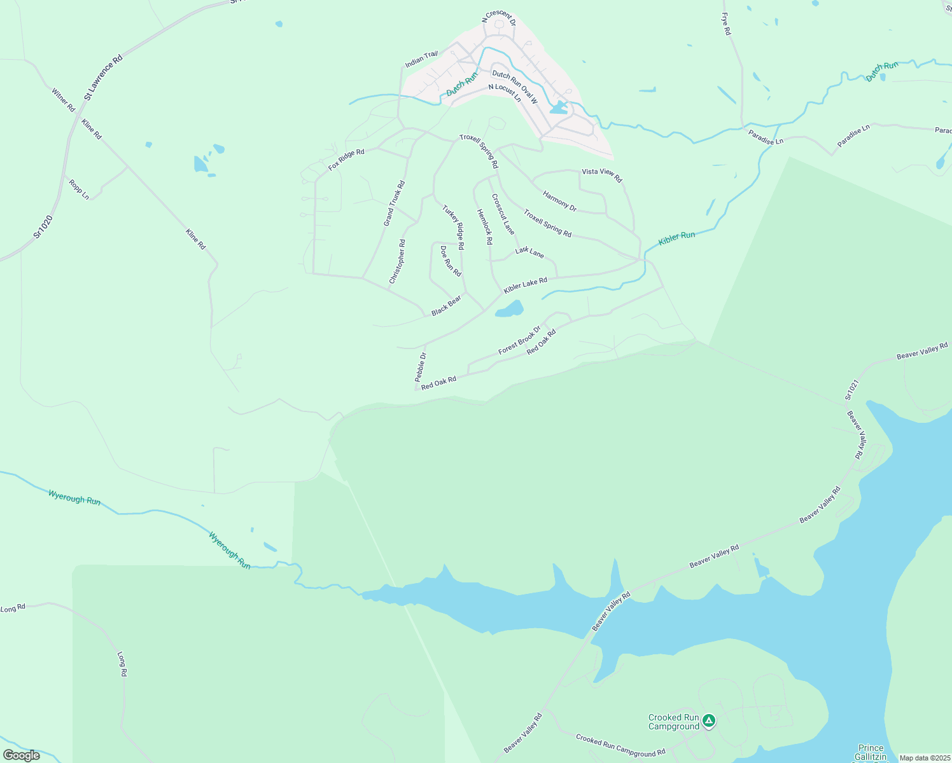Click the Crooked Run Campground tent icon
pyautogui.click(x=709, y=721)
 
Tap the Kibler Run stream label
pyautogui.click(x=676, y=238)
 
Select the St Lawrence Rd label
pyautogui.click(x=103, y=78)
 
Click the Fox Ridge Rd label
pyautogui.click(x=346, y=160)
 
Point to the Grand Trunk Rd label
pyautogui.click(x=394, y=203)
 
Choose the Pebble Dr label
pyautogui.click(x=421, y=367)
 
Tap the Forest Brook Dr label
pyautogui.click(x=519, y=340)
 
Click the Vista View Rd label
pyautogui.click(x=601, y=175)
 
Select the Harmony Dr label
pyautogui.click(x=559, y=201)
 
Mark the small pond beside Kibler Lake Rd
pyautogui.click(x=510, y=310)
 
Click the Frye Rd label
pyautogui.click(x=726, y=24)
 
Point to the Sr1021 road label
pyautogui.click(x=851, y=390)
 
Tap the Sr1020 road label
pyautogui.click(x=43, y=227)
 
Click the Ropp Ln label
pyautogui.click(x=79, y=189)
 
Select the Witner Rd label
pyautogui.click(x=64, y=100)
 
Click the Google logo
pyautogui.click(x=22, y=755)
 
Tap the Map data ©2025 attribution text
pyautogui.click(x=924, y=758)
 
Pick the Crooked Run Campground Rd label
pyautogui.click(x=620, y=745)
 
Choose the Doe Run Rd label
pyautogui.click(x=451, y=261)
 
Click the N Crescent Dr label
pyautogui.click(x=499, y=17)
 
